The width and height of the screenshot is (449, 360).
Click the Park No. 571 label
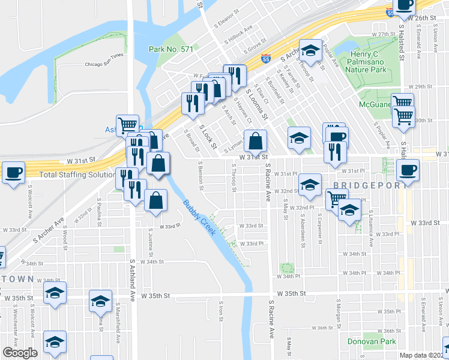pos(171,49)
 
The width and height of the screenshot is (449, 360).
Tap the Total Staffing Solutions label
pos(77,175)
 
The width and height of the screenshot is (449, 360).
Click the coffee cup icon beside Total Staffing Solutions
pos(13,173)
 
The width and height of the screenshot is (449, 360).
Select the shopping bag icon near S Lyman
pos(255,142)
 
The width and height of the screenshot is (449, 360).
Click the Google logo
pos(20,353)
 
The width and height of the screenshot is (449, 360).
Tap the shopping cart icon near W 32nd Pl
pos(337,199)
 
